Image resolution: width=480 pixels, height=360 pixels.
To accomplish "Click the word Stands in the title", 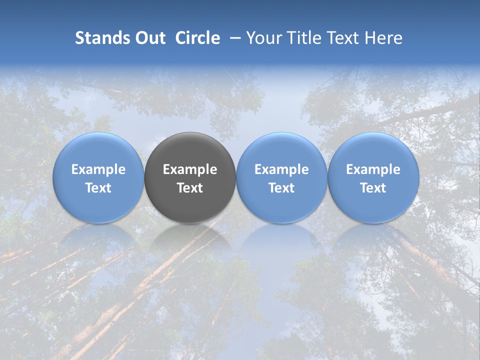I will pyautogui.click(x=98, y=38).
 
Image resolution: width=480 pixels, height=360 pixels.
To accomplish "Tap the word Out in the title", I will pyautogui.click(x=149, y=38).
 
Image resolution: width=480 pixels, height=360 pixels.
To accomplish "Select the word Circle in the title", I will pyautogui.click(x=197, y=38).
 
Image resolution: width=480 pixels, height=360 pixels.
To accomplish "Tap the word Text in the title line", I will pyautogui.click(x=344, y=38).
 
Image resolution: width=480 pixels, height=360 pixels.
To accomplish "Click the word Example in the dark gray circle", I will pyautogui.click(x=190, y=169).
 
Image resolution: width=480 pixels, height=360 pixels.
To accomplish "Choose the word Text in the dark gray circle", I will pyautogui.click(x=190, y=188).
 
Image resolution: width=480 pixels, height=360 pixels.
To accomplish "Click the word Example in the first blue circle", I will pyautogui.click(x=98, y=169).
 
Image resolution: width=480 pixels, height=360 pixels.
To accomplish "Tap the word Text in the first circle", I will pyautogui.click(x=98, y=188).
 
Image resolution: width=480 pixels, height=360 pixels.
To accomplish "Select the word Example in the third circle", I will pyautogui.click(x=281, y=169).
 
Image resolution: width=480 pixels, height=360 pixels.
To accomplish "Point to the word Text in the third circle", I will pyautogui.click(x=281, y=188).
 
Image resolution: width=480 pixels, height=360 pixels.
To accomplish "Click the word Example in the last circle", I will pyautogui.click(x=373, y=169).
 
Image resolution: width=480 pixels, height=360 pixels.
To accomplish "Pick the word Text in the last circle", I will pyautogui.click(x=373, y=188).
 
